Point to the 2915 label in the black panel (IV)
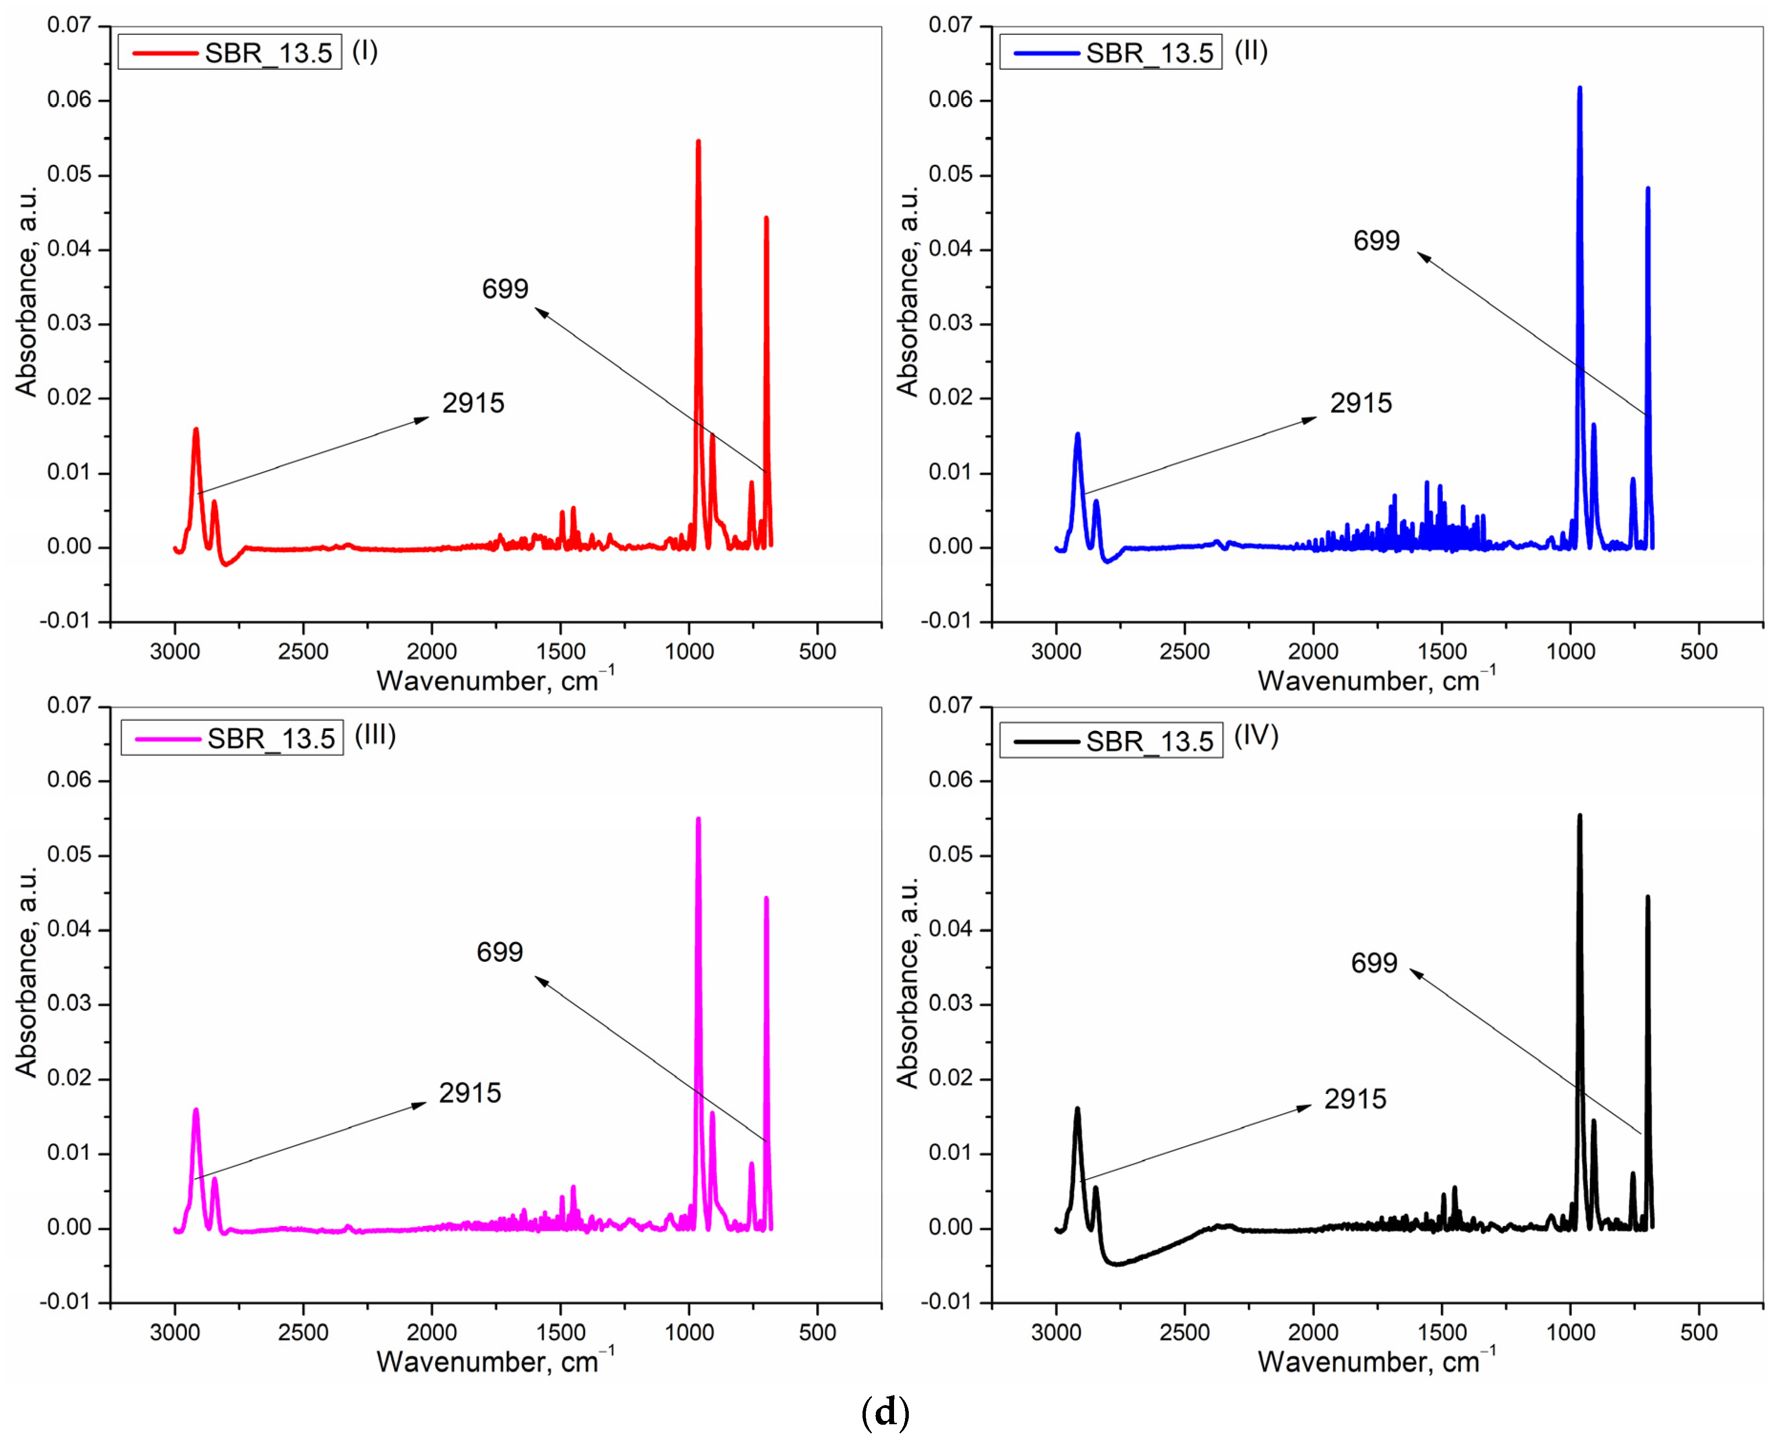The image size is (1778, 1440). (1355, 1099)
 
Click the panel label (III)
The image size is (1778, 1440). (375, 736)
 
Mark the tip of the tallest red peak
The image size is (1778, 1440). (698, 141)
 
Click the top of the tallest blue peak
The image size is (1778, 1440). (1580, 87)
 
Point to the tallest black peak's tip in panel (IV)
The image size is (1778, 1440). (1580, 816)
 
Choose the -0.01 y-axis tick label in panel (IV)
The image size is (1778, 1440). (946, 1302)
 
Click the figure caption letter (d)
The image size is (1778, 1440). (886, 1412)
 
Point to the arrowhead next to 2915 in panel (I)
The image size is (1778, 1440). (424, 419)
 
